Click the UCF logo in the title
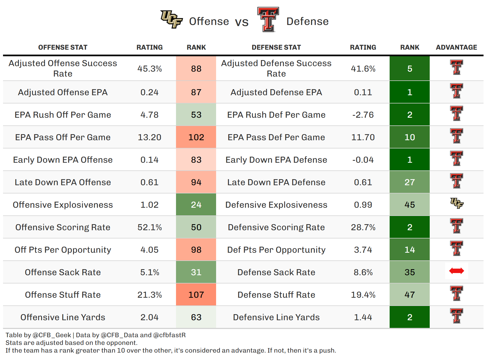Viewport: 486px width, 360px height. point(171,19)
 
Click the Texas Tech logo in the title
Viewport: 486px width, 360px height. point(268,19)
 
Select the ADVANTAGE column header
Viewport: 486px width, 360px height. point(456,47)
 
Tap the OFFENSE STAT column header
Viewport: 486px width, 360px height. point(63,47)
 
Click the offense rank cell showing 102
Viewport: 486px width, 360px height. point(196,137)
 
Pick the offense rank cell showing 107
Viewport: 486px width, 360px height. point(196,295)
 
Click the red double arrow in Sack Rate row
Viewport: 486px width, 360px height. point(456,271)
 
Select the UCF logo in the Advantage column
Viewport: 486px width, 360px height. point(457,203)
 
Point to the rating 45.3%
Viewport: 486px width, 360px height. point(149,69)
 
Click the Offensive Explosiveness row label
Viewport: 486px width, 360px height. point(63,205)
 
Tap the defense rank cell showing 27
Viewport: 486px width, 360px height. point(409,182)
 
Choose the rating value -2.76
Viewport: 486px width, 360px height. point(363,115)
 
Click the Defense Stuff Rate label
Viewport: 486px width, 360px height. point(276,295)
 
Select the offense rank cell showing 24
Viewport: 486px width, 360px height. point(196,205)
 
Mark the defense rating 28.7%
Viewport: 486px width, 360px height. point(363,227)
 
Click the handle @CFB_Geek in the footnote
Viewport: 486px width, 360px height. point(52,335)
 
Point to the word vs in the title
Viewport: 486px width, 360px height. point(242,22)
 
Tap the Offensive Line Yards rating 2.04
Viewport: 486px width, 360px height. point(149,317)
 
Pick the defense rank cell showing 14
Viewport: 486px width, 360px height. point(409,250)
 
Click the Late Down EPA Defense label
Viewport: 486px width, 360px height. point(276,182)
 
